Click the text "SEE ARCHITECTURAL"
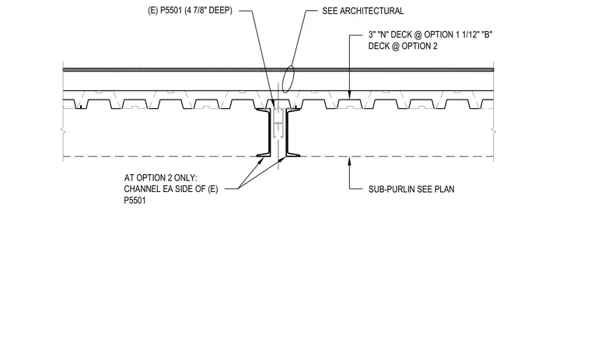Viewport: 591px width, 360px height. [x=362, y=11]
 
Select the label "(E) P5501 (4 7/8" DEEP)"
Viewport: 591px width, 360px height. [x=190, y=11]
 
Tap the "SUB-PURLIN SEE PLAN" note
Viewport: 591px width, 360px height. [x=411, y=189]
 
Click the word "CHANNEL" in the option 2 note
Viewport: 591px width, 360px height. [x=145, y=189]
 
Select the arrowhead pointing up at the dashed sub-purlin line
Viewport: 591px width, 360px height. [x=349, y=162]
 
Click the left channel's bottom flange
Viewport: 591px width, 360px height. [x=263, y=154]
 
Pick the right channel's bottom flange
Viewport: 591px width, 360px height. [x=293, y=154]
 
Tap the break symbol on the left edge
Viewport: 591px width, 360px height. [x=63, y=131]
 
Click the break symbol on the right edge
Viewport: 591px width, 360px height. [x=493, y=131]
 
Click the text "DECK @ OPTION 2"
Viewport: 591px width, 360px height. [x=403, y=46]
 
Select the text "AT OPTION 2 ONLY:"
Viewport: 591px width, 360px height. [x=160, y=177]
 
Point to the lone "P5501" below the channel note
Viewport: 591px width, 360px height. [x=135, y=201]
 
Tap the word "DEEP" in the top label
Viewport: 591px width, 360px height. [x=221, y=11]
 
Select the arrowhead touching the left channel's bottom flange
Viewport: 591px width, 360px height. [x=261, y=161]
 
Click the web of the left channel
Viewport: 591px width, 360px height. [x=270, y=132]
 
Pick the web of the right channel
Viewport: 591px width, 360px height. [x=287, y=132]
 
